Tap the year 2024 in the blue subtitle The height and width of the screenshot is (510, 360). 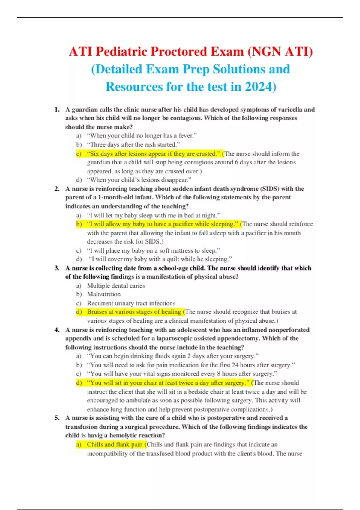coord(260,87)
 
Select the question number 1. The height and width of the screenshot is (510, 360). coord(57,109)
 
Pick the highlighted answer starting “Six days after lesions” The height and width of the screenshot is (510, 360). coord(151,154)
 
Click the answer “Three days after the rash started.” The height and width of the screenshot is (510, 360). coord(133,145)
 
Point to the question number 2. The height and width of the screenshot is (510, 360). coord(57,189)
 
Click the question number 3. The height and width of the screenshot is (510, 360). coord(57,268)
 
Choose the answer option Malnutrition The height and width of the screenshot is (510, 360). coord(104,294)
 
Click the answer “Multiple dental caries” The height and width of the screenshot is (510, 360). coord(116,286)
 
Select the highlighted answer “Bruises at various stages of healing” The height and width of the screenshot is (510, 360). coord(134,312)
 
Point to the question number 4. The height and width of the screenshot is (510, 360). coord(57,330)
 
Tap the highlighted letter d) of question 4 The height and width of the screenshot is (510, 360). coord(79,383)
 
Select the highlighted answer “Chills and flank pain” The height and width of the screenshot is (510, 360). coord(115,445)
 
